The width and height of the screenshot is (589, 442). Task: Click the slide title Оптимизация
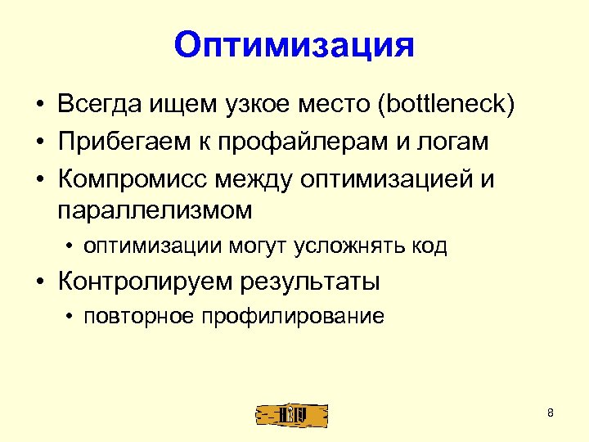pos(294,45)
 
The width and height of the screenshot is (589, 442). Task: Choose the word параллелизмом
pos(155,210)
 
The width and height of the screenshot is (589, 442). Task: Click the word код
pos(429,246)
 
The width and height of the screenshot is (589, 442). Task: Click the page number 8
pos(551,413)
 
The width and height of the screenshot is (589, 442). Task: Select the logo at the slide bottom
pos(291,415)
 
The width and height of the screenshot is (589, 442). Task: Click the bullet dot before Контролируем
pos(39,282)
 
